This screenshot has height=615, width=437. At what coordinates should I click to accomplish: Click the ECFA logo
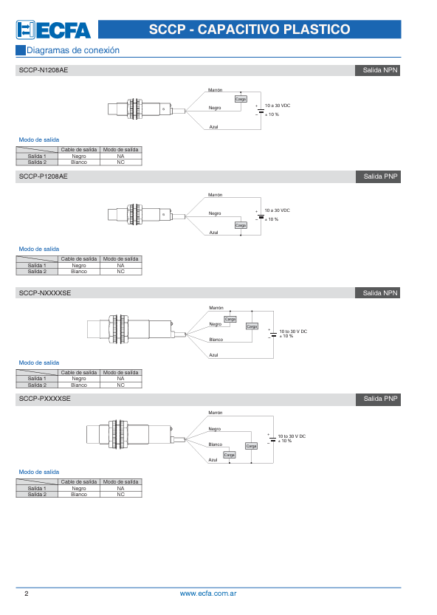point(53,30)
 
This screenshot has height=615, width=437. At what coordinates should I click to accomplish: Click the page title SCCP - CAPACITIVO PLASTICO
point(250,30)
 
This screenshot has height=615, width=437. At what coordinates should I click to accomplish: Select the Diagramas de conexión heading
point(73,50)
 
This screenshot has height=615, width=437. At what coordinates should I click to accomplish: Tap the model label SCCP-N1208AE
point(44,70)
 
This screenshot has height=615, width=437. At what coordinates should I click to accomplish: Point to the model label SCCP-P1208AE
point(43,176)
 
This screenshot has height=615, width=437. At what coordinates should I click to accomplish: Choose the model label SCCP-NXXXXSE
point(45,293)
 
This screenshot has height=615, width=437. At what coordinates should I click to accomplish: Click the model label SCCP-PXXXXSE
point(45,399)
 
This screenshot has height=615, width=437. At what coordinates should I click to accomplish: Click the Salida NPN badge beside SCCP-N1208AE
point(377,71)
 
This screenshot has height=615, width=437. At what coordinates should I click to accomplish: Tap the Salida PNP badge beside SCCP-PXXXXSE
point(378,399)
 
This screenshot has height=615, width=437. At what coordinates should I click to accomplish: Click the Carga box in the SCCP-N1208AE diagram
point(241,99)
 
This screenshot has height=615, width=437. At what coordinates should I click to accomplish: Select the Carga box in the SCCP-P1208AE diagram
point(241,225)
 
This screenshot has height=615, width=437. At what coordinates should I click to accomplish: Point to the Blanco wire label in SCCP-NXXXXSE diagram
point(216,340)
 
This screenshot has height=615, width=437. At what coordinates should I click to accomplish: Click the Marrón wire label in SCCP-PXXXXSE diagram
point(216,413)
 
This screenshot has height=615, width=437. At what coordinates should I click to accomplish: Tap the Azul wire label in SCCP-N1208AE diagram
point(214,127)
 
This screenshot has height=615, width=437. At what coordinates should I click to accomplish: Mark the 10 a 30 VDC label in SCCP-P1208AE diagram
point(278,210)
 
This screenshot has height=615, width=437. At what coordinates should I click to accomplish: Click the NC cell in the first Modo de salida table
point(121,162)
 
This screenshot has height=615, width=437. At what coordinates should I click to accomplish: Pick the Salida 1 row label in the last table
point(37,488)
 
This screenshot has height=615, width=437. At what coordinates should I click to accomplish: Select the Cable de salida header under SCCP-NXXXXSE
point(79,373)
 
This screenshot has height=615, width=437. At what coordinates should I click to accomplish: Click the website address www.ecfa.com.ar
point(208,594)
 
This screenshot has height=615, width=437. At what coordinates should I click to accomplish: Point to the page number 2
point(27,594)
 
